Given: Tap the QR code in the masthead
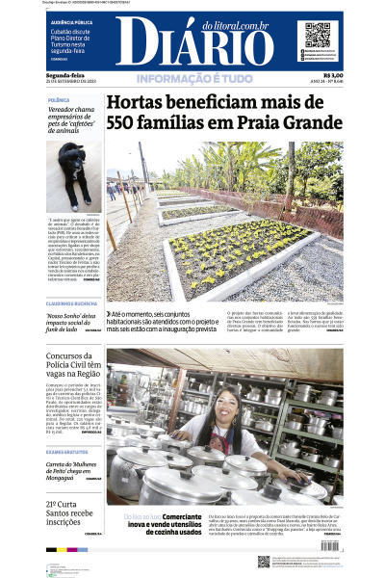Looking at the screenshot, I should click(318, 35).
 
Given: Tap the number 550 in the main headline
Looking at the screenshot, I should click(130, 126).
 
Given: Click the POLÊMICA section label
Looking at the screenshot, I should click(60, 99).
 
